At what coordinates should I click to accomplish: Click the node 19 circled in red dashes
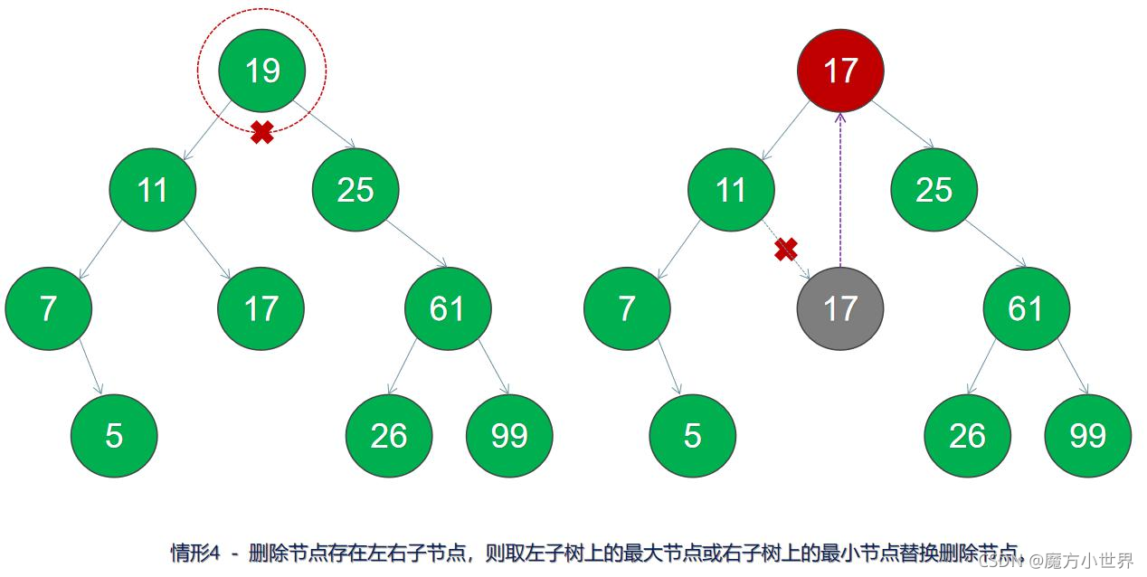262,70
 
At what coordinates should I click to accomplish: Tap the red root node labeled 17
840,70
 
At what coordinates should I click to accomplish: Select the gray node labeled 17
840,308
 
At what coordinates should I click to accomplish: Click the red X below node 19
262,133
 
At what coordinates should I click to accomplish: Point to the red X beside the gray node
786,250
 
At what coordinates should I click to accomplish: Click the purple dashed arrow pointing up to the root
840,190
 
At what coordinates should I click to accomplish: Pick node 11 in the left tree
153,190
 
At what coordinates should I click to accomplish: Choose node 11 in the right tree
731,190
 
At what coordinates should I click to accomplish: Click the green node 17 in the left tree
261,308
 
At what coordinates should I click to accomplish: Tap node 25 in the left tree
355,190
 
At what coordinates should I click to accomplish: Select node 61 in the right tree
1026,308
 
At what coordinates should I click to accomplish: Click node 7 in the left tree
48,308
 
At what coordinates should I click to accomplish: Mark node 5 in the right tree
693,435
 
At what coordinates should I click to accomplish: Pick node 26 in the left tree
389,435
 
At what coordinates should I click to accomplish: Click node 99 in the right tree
1087,435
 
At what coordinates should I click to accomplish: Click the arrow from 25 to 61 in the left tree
415,242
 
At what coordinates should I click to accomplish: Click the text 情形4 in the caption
195,553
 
